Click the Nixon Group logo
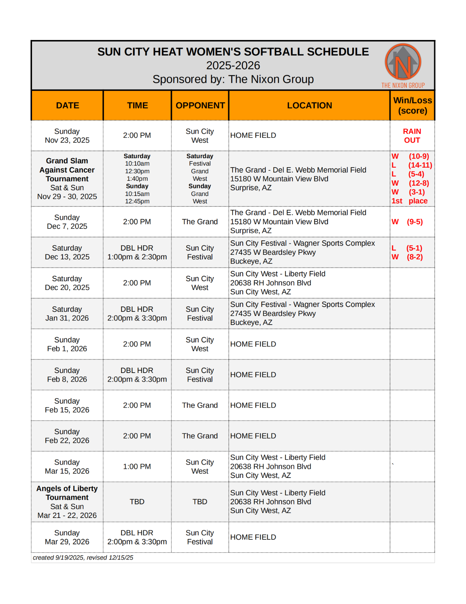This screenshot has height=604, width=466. tap(403, 65)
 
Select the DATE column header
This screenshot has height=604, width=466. tap(67, 106)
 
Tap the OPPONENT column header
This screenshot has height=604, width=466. tap(200, 106)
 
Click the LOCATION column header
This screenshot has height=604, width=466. tap(310, 106)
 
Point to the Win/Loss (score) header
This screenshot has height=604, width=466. tap(412, 106)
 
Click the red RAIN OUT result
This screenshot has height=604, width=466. tap(412, 136)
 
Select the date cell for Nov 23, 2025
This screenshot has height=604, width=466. tap(67, 136)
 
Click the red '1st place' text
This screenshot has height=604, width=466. tap(409, 201)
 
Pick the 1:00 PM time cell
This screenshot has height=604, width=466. tap(137, 467)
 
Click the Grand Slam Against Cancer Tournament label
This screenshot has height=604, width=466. tap(67, 170)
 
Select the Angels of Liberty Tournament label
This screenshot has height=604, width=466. tap(67, 493)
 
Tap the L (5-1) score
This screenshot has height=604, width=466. tap(407, 248)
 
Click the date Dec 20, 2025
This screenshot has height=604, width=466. tap(67, 287)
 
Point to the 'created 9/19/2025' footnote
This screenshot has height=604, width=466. tap(83, 558)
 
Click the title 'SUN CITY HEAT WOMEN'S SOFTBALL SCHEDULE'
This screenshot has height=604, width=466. tap(233, 52)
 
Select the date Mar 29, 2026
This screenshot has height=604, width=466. tap(67, 542)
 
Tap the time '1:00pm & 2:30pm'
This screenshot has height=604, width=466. tap(137, 257)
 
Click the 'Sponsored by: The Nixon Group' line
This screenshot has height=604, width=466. tap(233, 79)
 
